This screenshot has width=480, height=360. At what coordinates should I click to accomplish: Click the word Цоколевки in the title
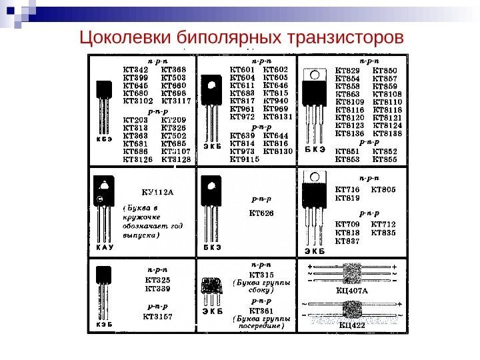[x=126, y=37]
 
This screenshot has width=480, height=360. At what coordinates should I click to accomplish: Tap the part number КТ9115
[x=244, y=159]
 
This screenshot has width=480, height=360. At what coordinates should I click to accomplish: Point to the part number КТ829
[x=345, y=70]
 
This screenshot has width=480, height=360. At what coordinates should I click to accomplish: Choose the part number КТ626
[x=261, y=213]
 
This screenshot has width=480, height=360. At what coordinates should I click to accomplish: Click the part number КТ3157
[x=157, y=317]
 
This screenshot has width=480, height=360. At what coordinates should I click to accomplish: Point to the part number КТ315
[x=261, y=274]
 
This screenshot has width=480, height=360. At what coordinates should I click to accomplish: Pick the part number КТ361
[x=261, y=311]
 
